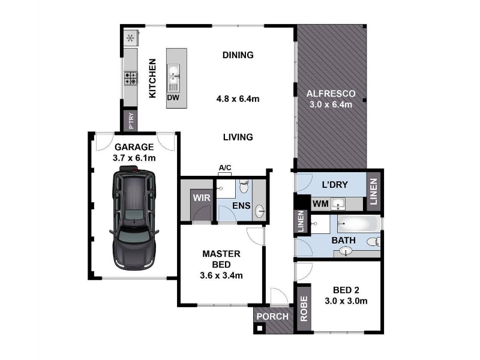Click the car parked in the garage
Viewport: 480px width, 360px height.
tap(134, 218)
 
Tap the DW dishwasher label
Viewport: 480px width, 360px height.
tap(173, 98)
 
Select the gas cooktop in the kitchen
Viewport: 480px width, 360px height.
tap(131, 78)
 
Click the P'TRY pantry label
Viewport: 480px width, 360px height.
tap(131, 121)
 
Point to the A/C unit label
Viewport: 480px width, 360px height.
tap(225, 168)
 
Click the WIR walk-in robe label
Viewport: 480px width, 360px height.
tap(202, 198)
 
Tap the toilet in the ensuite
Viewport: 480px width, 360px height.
tap(244, 187)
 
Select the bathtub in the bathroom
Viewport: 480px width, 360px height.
tap(358, 224)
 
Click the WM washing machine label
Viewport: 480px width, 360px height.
tap(320, 203)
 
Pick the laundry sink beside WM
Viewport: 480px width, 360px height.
tap(338, 204)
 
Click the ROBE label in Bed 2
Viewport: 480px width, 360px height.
tap(304, 308)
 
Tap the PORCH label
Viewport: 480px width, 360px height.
tap(272, 317)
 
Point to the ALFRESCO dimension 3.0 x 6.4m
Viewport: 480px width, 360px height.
tap(331, 104)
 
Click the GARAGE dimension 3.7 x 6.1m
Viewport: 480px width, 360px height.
tap(134, 158)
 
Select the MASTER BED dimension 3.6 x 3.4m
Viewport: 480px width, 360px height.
tap(221, 275)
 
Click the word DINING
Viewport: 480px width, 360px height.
tap(238, 55)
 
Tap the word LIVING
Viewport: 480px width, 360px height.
tap(238, 137)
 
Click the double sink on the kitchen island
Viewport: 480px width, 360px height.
tap(173, 79)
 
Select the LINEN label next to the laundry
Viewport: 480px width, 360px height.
tap(373, 192)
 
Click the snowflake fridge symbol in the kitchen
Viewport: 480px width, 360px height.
tap(130, 38)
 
